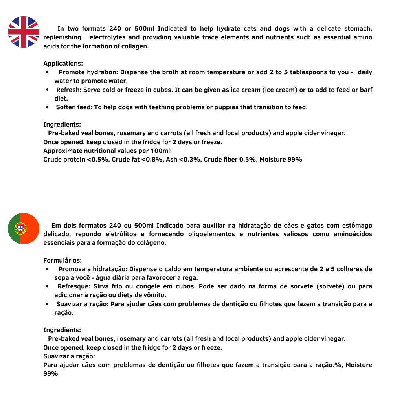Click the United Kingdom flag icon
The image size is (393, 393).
(x=24, y=32)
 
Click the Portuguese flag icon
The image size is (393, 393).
(x=24, y=228)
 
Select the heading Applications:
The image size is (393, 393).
(x=63, y=64)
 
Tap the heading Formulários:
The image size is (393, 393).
(x=62, y=260)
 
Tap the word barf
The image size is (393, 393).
(x=366, y=90)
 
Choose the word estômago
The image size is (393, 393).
(x=356, y=226)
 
